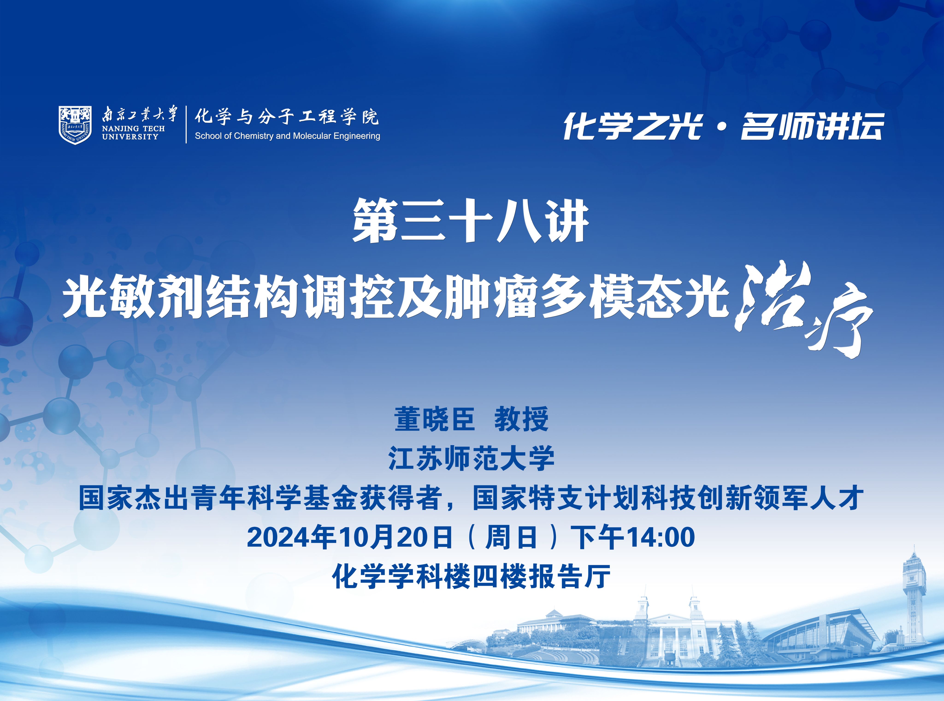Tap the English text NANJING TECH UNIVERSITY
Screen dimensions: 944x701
tap(133, 132)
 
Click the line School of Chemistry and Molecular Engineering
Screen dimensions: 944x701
tap(287, 136)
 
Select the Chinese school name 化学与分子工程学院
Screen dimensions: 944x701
tap(286, 116)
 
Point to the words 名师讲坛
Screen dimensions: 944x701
tap(812, 126)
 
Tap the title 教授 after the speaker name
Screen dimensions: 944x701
tap(521, 419)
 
